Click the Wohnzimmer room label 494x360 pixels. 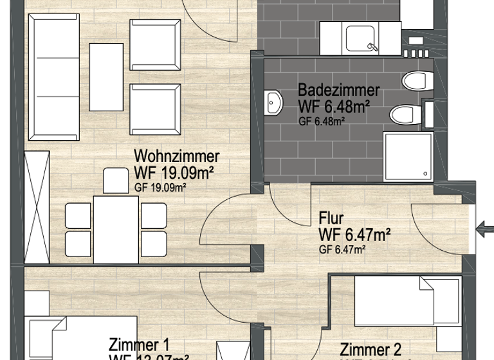click(x=176, y=156)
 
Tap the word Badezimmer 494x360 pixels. click(x=338, y=90)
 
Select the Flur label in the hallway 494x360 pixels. click(x=331, y=219)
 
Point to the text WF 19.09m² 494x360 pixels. click(x=174, y=172)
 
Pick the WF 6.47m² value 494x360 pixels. click(x=355, y=235)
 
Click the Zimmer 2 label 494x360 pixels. click(x=370, y=350)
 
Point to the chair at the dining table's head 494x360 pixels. click(x=116, y=181)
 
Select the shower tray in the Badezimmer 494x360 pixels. click(x=408, y=155)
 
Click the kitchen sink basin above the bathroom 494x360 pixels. click(x=363, y=37)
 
